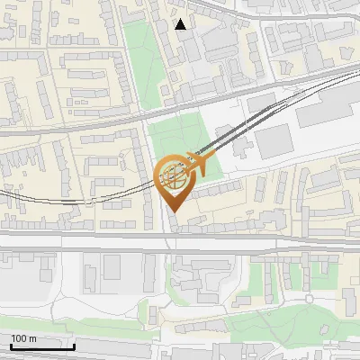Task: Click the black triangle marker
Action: coord(181,24)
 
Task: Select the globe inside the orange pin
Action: coord(172,176)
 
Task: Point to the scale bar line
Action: coord(42,346)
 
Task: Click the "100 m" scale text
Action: coord(23,338)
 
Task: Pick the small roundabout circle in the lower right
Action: coord(309,296)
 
